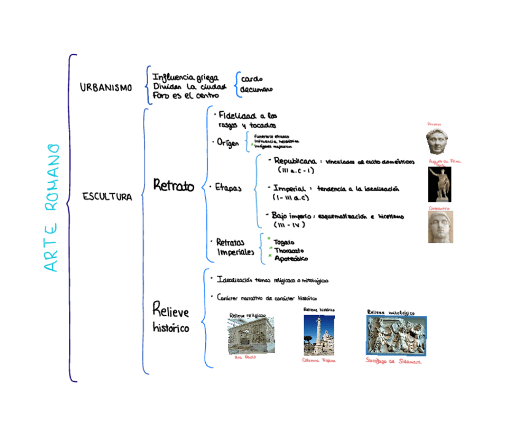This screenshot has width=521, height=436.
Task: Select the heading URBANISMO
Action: [106, 88]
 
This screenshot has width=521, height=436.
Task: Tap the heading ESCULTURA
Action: [107, 197]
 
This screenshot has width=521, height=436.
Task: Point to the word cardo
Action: [252, 79]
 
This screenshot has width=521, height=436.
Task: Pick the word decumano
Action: [256, 90]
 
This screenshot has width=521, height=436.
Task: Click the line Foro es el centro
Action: [186, 95]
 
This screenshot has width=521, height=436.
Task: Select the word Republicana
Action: [295, 161]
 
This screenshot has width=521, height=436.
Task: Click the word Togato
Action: [284, 242]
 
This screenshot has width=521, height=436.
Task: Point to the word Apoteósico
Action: [291, 259]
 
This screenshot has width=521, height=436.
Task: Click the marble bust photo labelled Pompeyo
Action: [437, 141]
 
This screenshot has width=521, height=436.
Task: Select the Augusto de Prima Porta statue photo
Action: [439, 184]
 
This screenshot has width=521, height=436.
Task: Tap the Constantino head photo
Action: [440, 227]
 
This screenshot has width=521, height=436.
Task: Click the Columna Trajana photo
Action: [318, 335]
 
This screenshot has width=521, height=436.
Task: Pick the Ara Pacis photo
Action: [251, 336]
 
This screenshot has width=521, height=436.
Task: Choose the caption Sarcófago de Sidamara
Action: [393, 362]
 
